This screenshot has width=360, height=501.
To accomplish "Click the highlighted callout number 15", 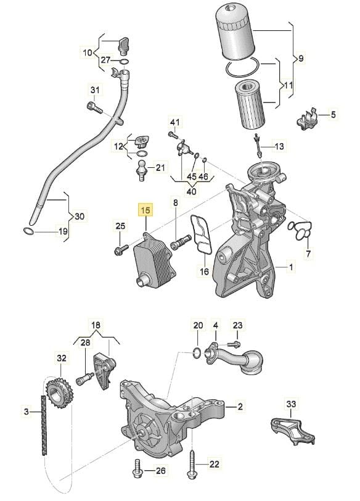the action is coord(145,210).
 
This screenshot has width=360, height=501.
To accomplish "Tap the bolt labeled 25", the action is coord(121,250).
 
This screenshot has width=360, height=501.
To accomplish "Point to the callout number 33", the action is coord(291,404).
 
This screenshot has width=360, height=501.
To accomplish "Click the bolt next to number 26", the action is coord(137,469).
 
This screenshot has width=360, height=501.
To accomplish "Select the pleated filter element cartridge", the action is coord(249,104).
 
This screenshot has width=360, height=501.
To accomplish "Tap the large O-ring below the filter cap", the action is coord(242,67).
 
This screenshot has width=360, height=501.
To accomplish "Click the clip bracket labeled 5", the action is coord(308,120).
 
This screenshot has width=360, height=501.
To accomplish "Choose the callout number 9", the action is coord(300,59).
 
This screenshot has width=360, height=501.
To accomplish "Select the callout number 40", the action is coord(191,192).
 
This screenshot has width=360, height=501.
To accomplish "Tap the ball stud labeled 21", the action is coord(141,170).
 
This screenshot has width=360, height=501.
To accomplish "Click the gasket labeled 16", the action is coord(200,234).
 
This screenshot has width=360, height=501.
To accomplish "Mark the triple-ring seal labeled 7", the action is coord(300,230).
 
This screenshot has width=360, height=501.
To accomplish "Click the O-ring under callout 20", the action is coord(197,353).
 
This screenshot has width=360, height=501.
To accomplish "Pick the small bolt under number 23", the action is coord(233,344).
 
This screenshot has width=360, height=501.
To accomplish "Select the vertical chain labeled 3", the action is coord(44,425).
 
